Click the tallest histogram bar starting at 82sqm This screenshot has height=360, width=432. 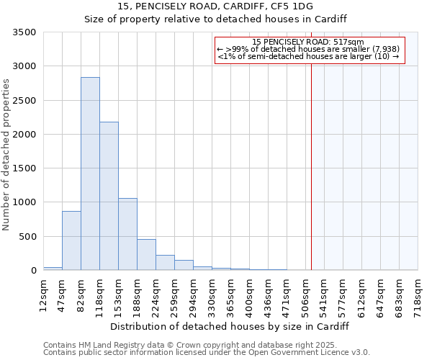[x=90, y=174]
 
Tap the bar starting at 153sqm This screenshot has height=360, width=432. [x=127, y=234]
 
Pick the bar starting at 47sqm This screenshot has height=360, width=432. [x=71, y=240]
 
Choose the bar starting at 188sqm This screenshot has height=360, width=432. [x=146, y=254]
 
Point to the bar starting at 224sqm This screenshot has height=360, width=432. [x=165, y=262]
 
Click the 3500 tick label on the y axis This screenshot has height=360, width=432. [x=25, y=32]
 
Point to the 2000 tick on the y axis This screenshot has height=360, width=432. [x=25, y=135]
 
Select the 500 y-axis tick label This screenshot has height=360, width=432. [x=28, y=237]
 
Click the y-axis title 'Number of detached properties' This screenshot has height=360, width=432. [x=6, y=155]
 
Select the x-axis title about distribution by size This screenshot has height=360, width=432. [x=230, y=326]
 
